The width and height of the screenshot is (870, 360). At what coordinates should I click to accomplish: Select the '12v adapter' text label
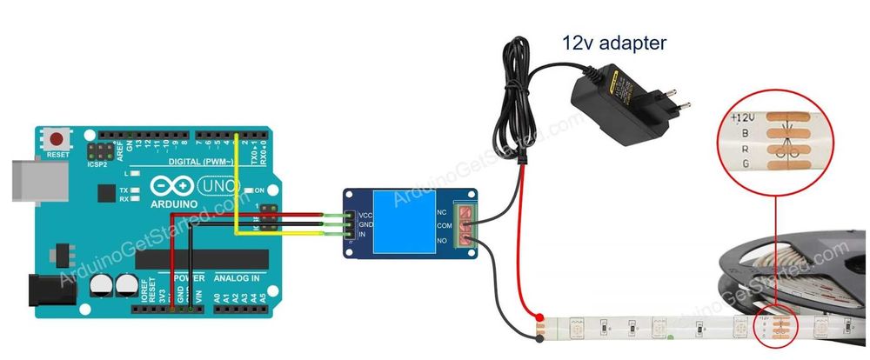tap(615, 41)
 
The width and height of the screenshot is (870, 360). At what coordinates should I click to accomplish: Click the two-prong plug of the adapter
tap(674, 105)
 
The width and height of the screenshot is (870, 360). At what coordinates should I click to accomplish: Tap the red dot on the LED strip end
tap(539, 317)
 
